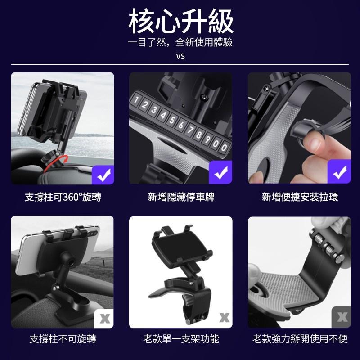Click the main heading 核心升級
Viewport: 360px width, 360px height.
[x=181, y=21]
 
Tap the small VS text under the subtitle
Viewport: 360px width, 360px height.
[x=180, y=56]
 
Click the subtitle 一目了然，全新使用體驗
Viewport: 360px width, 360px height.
[x=180, y=42]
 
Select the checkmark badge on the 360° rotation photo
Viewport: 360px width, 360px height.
[x=103, y=175]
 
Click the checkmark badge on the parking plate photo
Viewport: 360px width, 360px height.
[x=220, y=172]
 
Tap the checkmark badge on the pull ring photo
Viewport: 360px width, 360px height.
[x=339, y=172]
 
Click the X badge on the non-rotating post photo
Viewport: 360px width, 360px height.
[x=104, y=319]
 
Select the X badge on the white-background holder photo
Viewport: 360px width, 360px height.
[x=224, y=318]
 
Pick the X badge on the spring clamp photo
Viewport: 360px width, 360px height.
[x=342, y=317]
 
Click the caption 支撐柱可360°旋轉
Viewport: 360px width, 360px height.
[x=63, y=197]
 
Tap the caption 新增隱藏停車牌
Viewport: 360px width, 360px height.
[x=181, y=197]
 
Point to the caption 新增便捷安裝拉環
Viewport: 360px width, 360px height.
[x=300, y=197]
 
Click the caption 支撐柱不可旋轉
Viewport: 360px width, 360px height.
[x=63, y=339]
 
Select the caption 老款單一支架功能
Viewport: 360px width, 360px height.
[x=181, y=339]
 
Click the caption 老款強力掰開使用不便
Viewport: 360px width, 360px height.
[x=300, y=339]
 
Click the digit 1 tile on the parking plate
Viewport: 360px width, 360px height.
[x=136, y=99]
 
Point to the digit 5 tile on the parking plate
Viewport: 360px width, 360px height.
[x=172, y=120]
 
